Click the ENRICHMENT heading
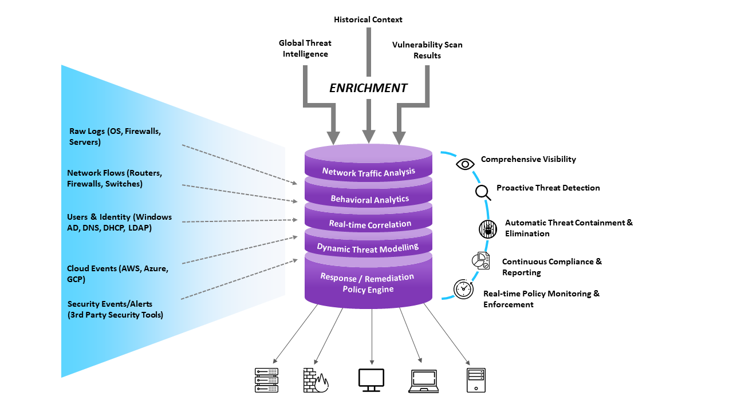368,88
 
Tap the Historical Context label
368,19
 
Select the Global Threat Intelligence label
305,49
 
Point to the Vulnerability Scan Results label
427,50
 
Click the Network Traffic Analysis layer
368,171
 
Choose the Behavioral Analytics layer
369,199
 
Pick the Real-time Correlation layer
370,224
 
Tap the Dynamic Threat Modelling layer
368,247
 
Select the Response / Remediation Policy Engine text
367,283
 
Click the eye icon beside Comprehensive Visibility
465,164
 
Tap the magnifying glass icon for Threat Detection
483,192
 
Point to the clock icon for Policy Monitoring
463,289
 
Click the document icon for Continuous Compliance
480,260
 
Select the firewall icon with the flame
315,380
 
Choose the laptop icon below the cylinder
424,381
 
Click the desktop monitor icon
371,380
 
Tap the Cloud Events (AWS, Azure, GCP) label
117,274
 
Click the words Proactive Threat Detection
548,188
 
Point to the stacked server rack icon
266,380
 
